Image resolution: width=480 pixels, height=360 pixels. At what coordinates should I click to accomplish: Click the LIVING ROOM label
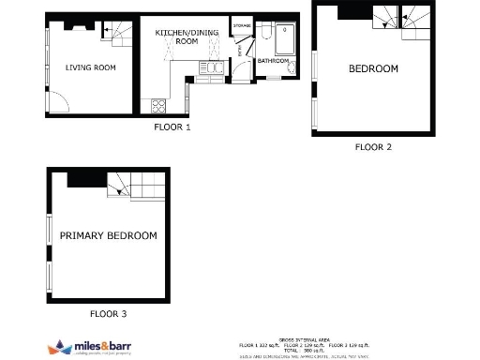90,67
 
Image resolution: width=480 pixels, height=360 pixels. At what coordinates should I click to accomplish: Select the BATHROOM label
274,61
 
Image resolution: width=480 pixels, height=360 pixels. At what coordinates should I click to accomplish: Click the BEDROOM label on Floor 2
373,68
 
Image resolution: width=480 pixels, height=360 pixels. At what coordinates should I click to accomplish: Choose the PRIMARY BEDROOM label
109,235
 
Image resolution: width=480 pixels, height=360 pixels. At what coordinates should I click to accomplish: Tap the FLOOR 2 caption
373,147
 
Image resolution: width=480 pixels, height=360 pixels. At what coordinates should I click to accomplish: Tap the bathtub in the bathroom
285,39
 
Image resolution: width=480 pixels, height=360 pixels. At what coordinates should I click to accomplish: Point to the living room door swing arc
56,101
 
